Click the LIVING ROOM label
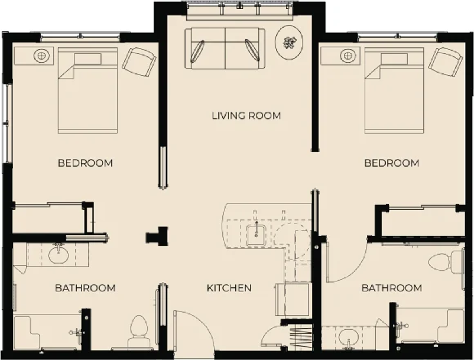pyautogui.click(x=246, y=116)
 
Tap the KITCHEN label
pyautogui.click(x=229, y=288)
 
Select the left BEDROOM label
pyautogui.click(x=85, y=163)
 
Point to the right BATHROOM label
pyautogui.click(x=392, y=288)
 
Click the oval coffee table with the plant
pyautogui.click(x=289, y=43)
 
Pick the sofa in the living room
pyautogui.click(x=225, y=48)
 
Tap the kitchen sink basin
pyautogui.click(x=256, y=235)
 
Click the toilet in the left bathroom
pyautogui.click(x=139, y=332)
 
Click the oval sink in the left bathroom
pyautogui.click(x=58, y=255)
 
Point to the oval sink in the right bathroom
pyautogui.click(x=348, y=337)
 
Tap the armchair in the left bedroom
pyautogui.click(x=139, y=62)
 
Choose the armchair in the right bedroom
pyautogui.click(x=446, y=62)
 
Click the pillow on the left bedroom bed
pyautogui.click(x=88, y=59)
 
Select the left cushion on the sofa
pyautogui.click(x=197, y=51)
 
